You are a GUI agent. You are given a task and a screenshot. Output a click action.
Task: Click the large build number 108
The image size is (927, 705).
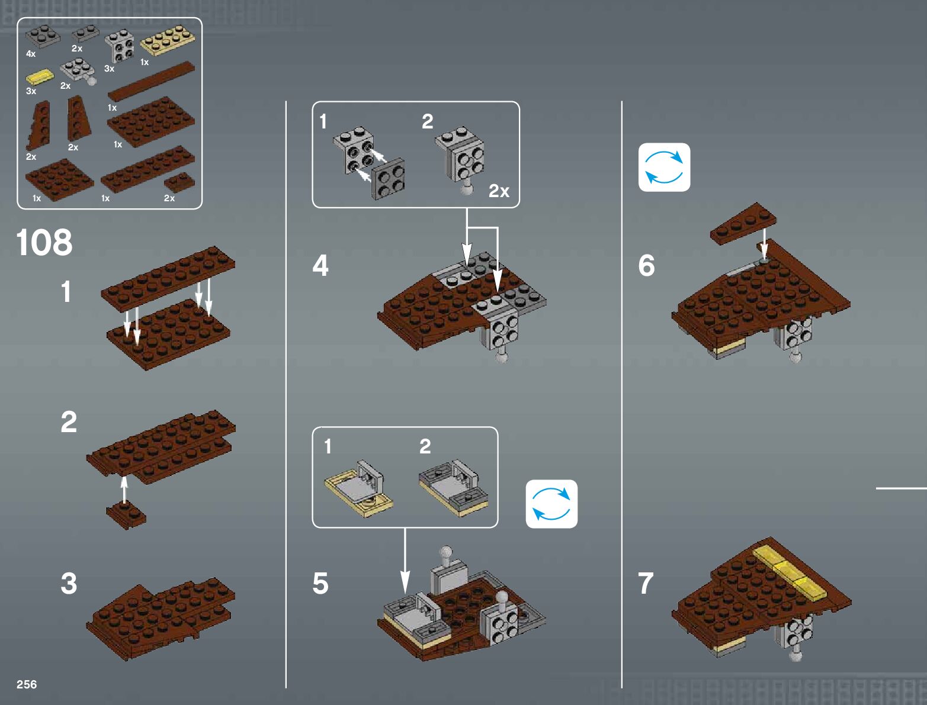tap(44, 243)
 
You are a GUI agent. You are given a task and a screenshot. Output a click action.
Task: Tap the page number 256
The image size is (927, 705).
tap(27, 684)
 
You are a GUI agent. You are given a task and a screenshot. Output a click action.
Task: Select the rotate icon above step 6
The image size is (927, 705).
tap(664, 167)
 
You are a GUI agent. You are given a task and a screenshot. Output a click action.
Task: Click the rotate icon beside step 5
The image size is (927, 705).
tap(551, 504)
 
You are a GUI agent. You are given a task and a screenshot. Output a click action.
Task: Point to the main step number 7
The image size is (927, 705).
tap(646, 583)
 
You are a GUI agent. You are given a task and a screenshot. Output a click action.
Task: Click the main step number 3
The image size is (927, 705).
tap(69, 583)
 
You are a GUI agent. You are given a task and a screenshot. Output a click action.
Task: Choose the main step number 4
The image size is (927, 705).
tap(320, 265)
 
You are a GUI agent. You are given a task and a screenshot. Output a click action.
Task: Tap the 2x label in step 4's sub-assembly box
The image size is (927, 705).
tap(499, 191)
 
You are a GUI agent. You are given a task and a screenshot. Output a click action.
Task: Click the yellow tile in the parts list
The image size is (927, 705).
tap(39, 76)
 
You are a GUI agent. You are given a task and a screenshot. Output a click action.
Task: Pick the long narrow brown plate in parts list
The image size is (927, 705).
tap(152, 81)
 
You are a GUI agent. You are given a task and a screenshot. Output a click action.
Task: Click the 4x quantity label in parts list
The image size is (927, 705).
tap(31, 54)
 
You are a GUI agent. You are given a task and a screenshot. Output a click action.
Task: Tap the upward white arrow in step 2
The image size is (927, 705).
tap(124, 488)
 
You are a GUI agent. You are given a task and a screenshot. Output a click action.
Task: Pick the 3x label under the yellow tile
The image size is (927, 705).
tap(31, 91)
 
